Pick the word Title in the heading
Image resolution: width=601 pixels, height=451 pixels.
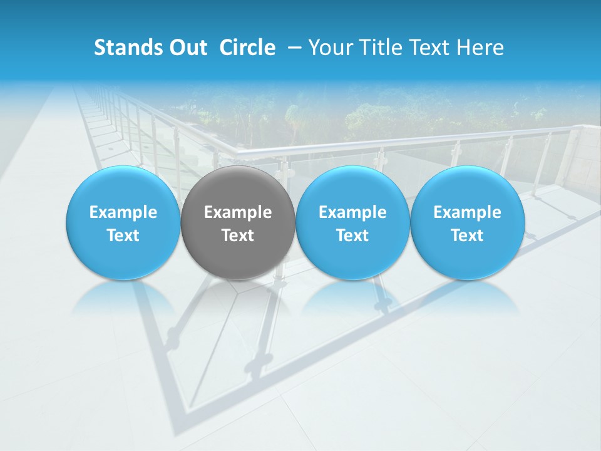click(x=378, y=48)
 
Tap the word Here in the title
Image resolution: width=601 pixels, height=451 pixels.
click(x=480, y=48)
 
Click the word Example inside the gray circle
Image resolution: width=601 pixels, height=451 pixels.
click(x=238, y=212)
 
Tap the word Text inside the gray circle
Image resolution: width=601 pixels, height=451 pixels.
click(x=238, y=236)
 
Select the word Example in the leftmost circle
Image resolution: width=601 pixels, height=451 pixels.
click(x=123, y=212)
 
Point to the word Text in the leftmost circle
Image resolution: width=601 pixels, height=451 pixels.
click(x=123, y=236)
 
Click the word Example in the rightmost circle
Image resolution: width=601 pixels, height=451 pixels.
click(x=467, y=212)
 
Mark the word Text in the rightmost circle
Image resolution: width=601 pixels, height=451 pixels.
click(x=467, y=236)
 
